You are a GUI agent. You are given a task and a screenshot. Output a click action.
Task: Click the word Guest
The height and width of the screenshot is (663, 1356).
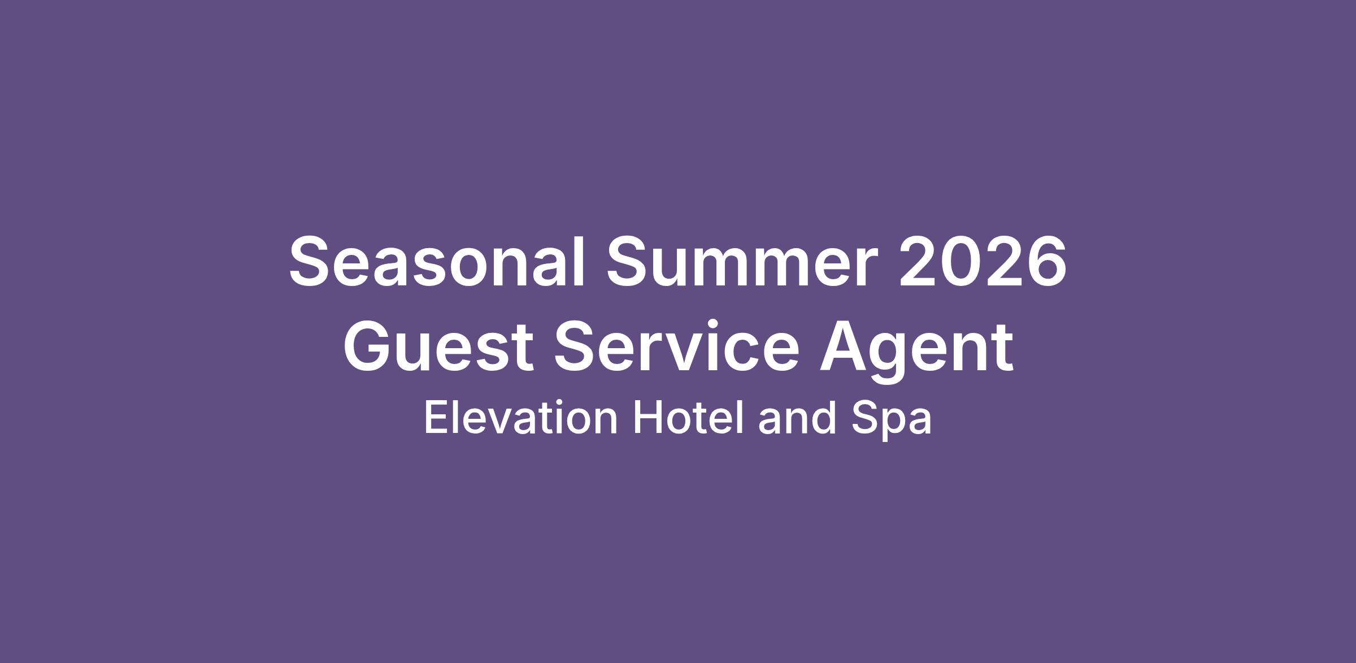(439, 346)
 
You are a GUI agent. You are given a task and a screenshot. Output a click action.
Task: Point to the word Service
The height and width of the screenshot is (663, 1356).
(676, 346)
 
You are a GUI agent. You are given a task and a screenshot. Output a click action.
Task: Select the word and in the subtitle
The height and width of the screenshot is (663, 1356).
(797, 418)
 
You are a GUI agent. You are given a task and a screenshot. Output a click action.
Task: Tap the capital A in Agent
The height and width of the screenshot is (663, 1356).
(846, 346)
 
